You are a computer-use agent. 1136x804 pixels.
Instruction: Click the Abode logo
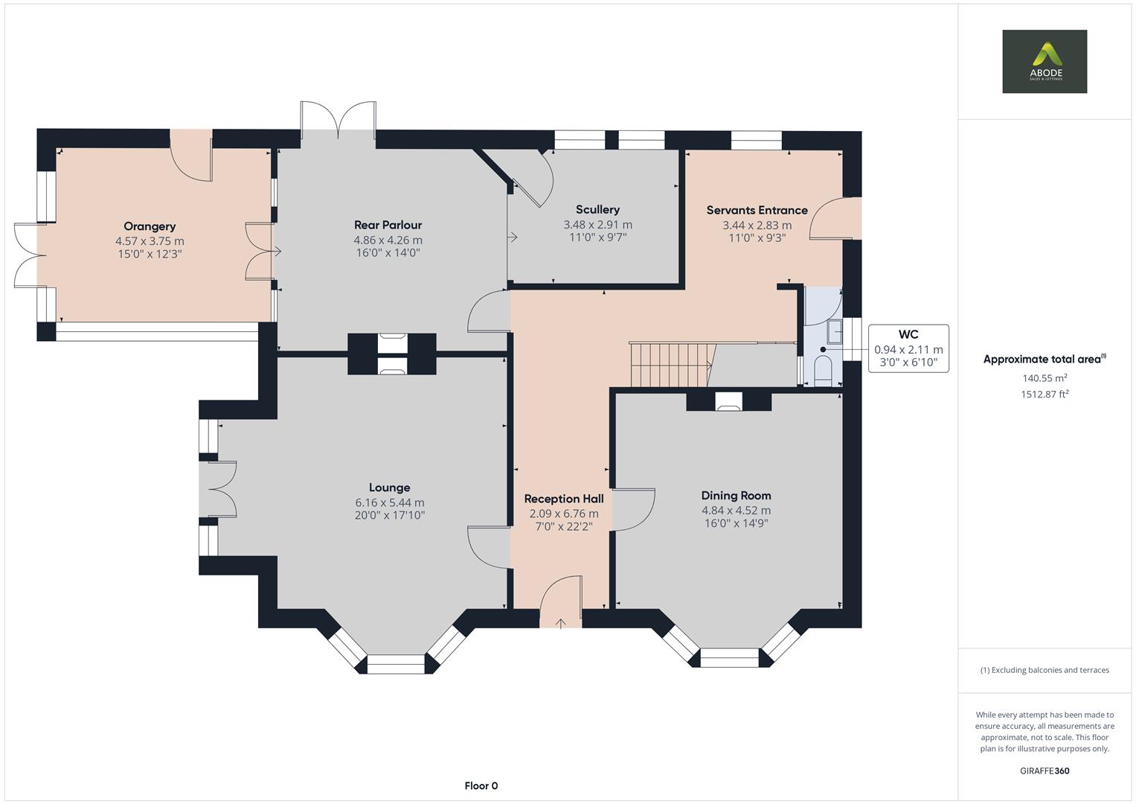pyautogui.click(x=1044, y=61)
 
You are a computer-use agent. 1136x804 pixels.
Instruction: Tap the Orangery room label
pyautogui.click(x=150, y=226)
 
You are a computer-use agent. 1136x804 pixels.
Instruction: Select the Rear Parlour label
pyautogui.click(x=388, y=225)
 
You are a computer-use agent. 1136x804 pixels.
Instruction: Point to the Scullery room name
pyautogui.click(x=597, y=209)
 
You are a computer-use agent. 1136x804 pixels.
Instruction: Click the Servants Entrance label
pyautogui.click(x=757, y=210)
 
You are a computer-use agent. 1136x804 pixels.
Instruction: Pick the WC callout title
pyautogui.click(x=908, y=334)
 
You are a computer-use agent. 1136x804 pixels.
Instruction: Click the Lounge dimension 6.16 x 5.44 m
pyautogui.click(x=389, y=502)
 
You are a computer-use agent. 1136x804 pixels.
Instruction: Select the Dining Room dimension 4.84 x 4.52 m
pyautogui.click(x=736, y=510)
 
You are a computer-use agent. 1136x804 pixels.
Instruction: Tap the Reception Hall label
pyautogui.click(x=563, y=499)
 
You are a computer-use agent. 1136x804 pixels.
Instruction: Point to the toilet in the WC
pyautogui.click(x=823, y=370)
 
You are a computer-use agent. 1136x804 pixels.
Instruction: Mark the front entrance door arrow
pyautogui.click(x=560, y=622)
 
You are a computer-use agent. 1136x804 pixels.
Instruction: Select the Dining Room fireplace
pyautogui.click(x=728, y=401)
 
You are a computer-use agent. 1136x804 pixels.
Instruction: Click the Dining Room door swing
pyautogui.click(x=633, y=510)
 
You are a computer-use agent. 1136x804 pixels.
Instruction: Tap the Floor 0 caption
pyautogui.click(x=481, y=785)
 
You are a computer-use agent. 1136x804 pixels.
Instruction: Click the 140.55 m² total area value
pyautogui.click(x=1044, y=378)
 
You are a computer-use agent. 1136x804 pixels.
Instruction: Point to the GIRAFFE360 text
pyautogui.click(x=1044, y=770)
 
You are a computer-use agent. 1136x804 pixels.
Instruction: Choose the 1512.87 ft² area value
pyautogui.click(x=1044, y=395)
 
